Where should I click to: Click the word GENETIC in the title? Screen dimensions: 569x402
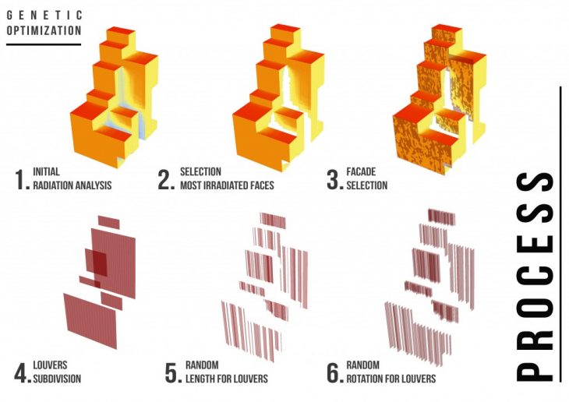pos(44,15)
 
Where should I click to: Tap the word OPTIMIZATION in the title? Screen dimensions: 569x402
pos(44,30)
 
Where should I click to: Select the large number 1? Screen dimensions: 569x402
pos(22,180)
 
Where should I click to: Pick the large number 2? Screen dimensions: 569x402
pos(166,180)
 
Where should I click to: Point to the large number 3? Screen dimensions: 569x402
pos(334,180)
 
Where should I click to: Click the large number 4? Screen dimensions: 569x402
pos(23,373)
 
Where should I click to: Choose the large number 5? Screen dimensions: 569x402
pos(173,373)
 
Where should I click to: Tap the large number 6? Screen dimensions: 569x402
pos(334,373)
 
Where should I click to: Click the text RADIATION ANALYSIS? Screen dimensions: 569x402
pos(72,185)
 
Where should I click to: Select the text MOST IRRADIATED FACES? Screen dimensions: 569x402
pos(227,185)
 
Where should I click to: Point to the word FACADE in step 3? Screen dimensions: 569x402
pos(361,171)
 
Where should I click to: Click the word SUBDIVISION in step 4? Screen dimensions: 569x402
pos(57,379)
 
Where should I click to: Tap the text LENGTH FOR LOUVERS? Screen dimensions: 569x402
pos(227,379)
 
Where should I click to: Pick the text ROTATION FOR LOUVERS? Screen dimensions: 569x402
pos(391,379)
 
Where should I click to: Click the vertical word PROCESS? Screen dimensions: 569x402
pos(535,276)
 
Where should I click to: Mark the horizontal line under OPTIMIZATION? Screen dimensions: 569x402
pos(44,44)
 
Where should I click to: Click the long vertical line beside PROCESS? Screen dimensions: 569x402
pos(561,234)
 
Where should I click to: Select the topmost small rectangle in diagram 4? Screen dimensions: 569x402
pos(108,222)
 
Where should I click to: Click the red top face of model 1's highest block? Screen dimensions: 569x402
pos(121,31)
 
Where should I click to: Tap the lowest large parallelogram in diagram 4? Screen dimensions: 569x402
pos(90,321)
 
